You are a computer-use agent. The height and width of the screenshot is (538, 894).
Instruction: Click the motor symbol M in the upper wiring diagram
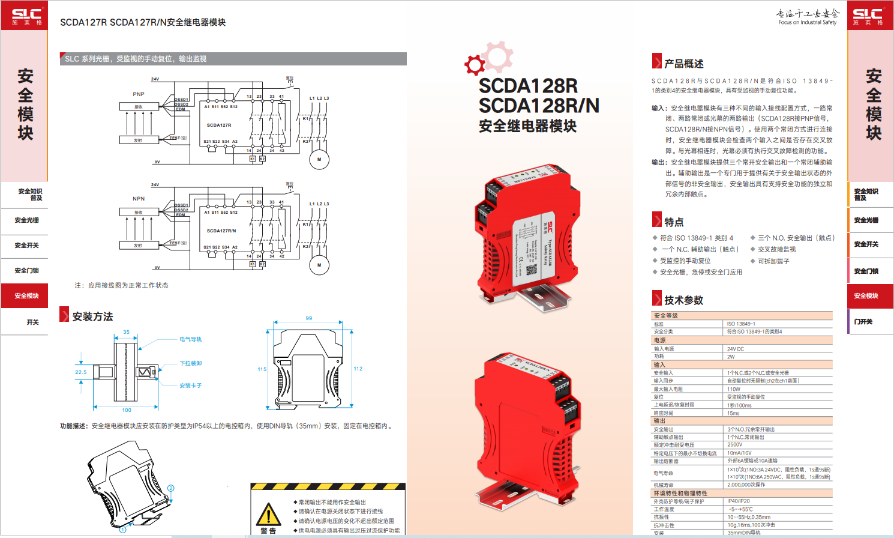(319, 159)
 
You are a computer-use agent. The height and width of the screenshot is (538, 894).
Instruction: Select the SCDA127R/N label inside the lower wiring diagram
(221, 231)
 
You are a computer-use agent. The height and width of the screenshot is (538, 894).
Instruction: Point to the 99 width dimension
(309, 318)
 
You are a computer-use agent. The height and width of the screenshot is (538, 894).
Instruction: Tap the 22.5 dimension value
(80, 372)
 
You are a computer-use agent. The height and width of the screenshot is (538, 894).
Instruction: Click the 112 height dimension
(358, 369)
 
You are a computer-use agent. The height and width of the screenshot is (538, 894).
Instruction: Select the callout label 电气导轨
(191, 339)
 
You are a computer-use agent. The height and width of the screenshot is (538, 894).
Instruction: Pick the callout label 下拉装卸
(191, 363)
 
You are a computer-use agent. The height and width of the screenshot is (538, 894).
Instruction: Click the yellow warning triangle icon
(268, 515)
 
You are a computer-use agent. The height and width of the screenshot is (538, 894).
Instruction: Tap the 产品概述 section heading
(683, 64)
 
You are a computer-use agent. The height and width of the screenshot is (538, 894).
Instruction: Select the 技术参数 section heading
(683, 300)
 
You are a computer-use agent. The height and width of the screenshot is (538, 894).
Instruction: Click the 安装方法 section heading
(92, 316)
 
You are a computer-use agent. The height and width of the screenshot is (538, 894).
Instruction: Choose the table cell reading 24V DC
(736, 349)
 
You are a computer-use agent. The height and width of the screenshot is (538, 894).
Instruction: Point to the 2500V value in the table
(735, 445)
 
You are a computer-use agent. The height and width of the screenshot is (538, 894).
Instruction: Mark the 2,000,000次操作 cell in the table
(746, 485)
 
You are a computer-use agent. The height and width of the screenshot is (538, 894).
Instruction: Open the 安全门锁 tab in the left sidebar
(26, 271)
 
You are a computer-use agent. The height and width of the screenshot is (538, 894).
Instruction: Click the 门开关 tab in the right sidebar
(863, 322)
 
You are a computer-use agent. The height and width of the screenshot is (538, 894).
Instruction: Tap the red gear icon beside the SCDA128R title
(475, 64)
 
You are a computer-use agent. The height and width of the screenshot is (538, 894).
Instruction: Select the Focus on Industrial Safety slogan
(807, 22)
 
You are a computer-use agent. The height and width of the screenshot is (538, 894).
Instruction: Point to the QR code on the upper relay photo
(532, 270)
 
